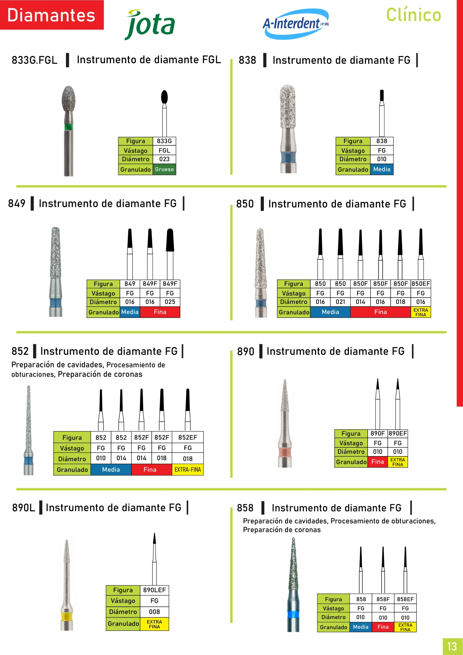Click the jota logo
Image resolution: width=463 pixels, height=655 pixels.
150,25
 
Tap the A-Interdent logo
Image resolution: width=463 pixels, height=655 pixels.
296,24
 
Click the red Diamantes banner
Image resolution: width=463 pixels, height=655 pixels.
52,15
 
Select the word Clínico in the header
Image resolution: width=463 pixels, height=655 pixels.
413,15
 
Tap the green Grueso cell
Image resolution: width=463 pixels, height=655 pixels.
164,169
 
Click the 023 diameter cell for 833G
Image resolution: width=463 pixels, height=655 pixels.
164,159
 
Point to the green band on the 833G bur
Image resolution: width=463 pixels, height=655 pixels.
68,127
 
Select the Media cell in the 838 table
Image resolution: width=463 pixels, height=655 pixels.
382,169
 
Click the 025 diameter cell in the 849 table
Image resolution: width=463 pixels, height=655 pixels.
170,302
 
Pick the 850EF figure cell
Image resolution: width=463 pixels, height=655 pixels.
421,284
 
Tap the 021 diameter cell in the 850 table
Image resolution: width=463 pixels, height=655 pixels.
340,302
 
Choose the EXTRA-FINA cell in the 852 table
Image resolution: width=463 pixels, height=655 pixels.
188,470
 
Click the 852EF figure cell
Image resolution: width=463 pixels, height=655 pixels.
188,437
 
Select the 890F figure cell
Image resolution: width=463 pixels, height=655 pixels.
378,433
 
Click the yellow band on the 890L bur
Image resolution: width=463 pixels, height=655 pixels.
67,616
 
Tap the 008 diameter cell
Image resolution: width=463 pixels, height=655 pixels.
154,612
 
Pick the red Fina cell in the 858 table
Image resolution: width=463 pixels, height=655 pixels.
383,627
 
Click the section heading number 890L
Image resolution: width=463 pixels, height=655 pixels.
24,508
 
